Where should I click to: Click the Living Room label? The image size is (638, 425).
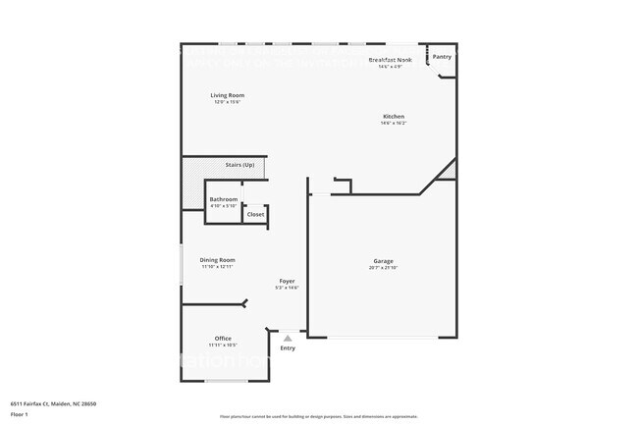point(228,95)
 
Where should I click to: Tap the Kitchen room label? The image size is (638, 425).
point(393,116)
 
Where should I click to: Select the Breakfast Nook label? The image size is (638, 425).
point(390,60)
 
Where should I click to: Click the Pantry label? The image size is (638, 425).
point(443,57)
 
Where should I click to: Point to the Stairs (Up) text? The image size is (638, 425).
point(239,165)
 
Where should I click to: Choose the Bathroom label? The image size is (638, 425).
point(224,199)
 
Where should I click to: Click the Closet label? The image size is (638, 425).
point(255,214)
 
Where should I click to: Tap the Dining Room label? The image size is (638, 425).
point(218,260)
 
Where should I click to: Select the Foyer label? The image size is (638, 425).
point(287,281)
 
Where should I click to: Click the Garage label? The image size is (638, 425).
point(383,261)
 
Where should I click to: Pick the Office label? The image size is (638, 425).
point(223,339)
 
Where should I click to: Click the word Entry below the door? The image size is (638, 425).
point(288,348)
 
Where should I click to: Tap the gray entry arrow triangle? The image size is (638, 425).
point(288,338)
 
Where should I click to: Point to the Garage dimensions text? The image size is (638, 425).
point(383,268)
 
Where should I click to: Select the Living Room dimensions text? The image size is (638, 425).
point(228,102)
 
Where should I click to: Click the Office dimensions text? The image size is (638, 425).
point(223,345)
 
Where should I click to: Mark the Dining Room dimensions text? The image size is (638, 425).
point(218,267)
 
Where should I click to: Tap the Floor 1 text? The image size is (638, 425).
point(21,414)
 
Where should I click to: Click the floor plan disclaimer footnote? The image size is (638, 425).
point(319,416)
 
